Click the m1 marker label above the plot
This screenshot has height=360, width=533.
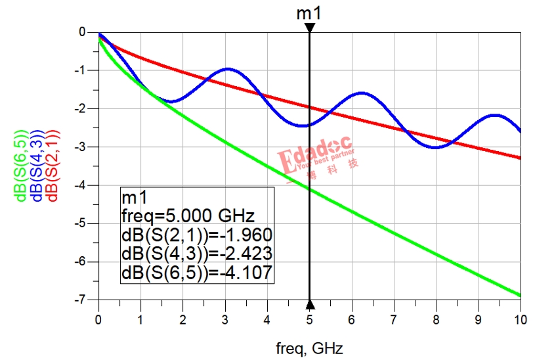pyautogui.click(x=309, y=12)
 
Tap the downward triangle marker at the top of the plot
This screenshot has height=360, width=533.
pyautogui.click(x=309, y=28)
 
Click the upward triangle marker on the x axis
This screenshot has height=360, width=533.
pyautogui.click(x=309, y=304)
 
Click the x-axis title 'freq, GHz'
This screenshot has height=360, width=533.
pyautogui.click(x=309, y=346)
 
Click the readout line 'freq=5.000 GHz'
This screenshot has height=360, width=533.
pyautogui.click(x=176, y=215)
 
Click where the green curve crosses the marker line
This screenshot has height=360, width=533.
pyautogui.click(x=309, y=189)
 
